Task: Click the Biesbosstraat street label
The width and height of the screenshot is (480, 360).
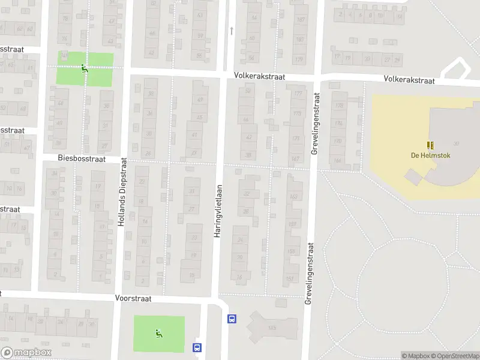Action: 82,159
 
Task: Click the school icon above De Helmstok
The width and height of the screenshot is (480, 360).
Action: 430,145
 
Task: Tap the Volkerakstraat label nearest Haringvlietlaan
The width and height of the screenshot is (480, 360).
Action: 259,77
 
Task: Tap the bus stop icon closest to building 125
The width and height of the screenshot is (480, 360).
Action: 232,319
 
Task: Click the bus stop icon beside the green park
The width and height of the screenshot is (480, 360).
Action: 196,347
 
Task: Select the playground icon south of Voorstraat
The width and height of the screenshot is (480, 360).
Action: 159,334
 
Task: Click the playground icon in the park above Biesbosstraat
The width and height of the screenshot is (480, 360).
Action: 85,69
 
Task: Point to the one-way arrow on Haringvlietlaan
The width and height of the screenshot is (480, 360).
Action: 232,29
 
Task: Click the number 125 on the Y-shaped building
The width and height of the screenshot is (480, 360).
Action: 272,328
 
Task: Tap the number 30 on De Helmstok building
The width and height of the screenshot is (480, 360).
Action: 457,143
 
